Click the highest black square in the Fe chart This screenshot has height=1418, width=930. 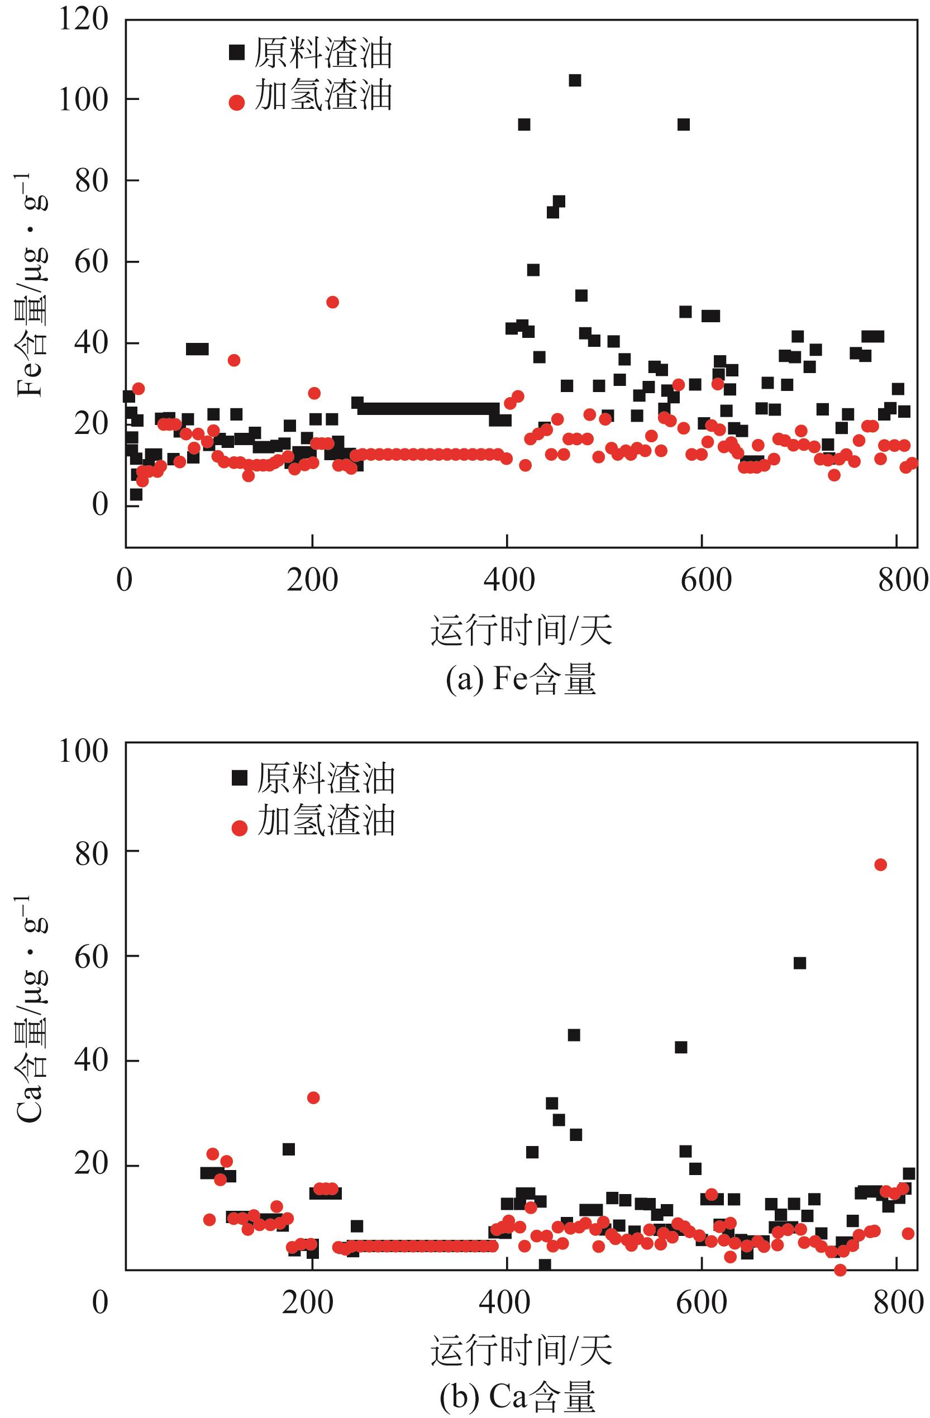click(x=574, y=80)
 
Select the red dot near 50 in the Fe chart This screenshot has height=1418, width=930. click(x=332, y=302)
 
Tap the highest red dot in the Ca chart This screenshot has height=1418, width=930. click(x=880, y=865)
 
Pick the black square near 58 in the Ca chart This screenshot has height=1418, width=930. click(x=799, y=963)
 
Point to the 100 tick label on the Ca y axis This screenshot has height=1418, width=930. click(x=83, y=751)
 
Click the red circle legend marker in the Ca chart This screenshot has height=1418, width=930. click(x=239, y=828)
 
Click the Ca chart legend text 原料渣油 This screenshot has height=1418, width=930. click(x=326, y=779)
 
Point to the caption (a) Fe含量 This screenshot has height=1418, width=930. click(x=520, y=680)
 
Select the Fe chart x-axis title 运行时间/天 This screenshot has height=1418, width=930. click(x=521, y=631)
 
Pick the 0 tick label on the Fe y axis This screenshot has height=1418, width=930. click(x=100, y=504)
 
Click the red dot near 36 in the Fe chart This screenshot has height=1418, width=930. click(x=233, y=360)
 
